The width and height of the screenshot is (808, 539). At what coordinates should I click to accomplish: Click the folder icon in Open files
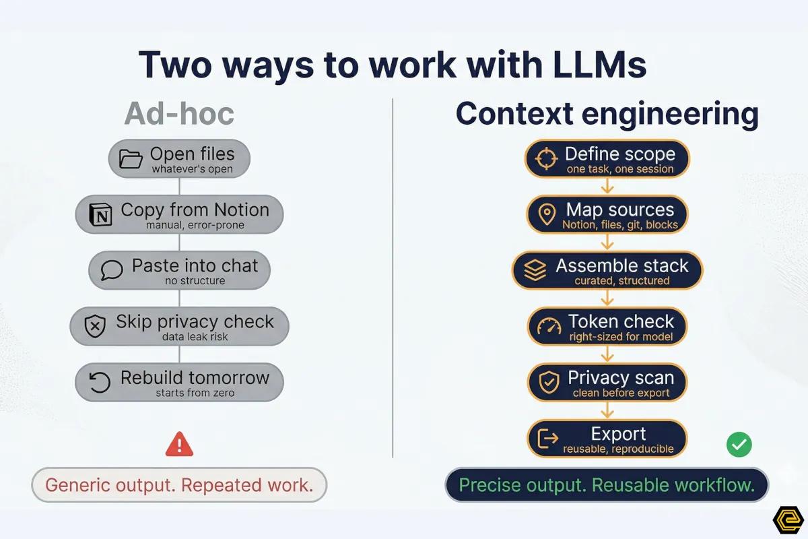pyautogui.click(x=131, y=159)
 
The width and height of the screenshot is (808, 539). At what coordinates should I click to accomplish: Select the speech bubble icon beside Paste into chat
pyautogui.click(x=111, y=271)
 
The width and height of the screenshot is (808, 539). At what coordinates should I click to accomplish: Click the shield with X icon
pyautogui.click(x=95, y=327)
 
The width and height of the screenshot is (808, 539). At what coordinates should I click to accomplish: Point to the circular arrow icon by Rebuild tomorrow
pyautogui.click(x=100, y=382)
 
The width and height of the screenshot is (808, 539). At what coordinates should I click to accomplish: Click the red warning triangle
pyautogui.click(x=179, y=444)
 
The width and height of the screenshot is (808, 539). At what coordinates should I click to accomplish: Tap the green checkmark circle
pyautogui.click(x=739, y=444)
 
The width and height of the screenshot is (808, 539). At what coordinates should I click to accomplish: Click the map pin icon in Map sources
pyautogui.click(x=547, y=215)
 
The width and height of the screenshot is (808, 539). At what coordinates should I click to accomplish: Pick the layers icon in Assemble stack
pyautogui.click(x=535, y=271)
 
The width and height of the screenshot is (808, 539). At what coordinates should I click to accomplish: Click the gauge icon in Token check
pyautogui.click(x=549, y=327)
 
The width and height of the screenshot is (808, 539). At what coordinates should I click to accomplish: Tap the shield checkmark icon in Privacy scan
pyautogui.click(x=549, y=383)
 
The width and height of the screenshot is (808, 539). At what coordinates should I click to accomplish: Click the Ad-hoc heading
pyautogui.click(x=179, y=114)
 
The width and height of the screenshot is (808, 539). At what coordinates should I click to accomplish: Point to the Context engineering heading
pyautogui.click(x=607, y=114)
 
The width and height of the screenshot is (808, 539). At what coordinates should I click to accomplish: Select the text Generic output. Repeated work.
pyautogui.click(x=179, y=485)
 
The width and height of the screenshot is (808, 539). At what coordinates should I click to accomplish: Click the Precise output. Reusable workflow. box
pyautogui.click(x=606, y=485)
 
